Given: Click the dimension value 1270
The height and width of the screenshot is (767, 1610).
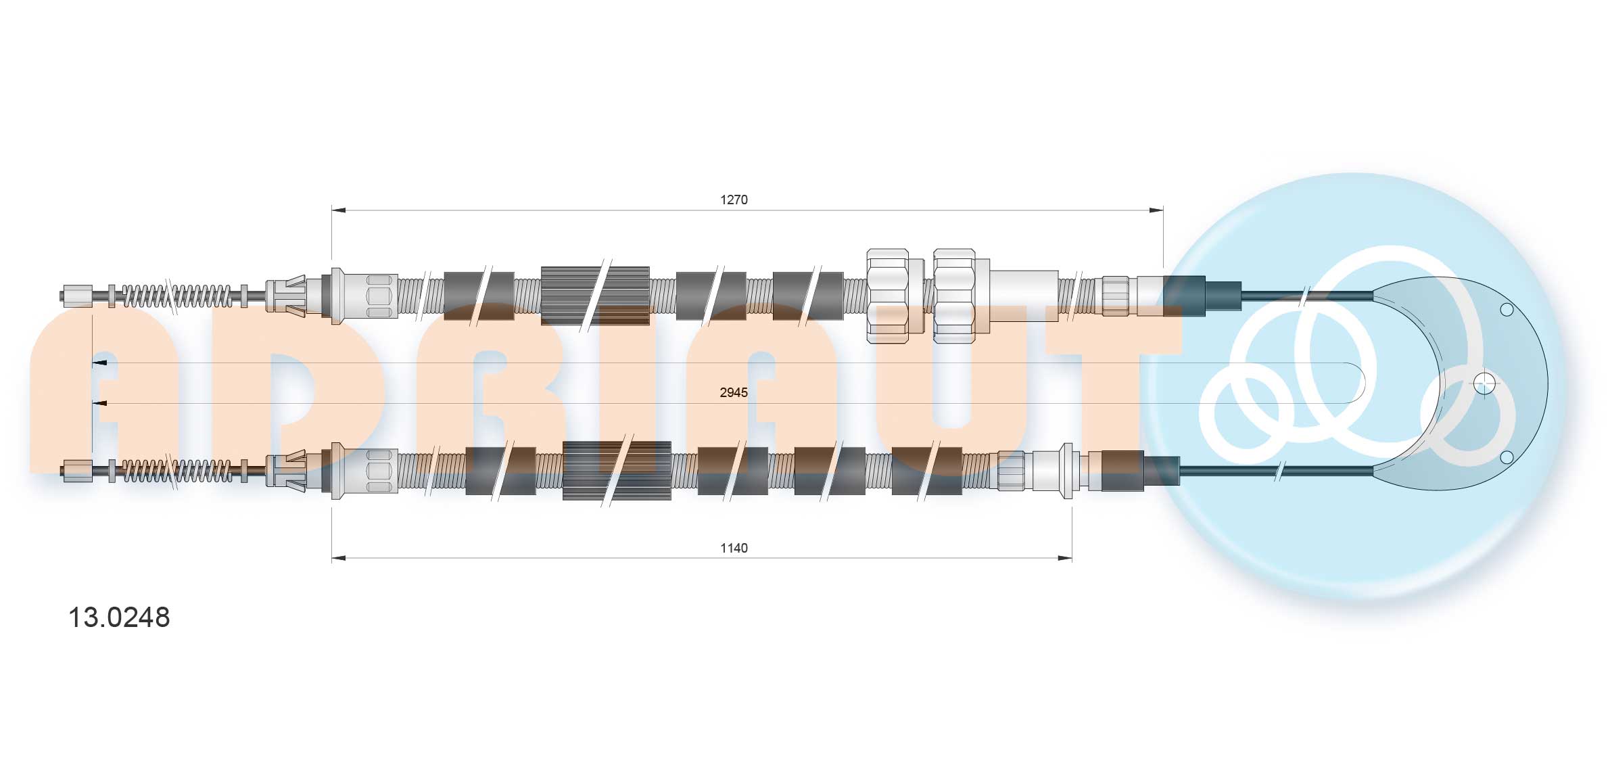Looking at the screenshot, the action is click(734, 200).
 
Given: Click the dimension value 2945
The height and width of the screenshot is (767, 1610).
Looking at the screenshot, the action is click(734, 392).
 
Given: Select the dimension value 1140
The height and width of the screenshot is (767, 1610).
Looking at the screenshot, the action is click(734, 548).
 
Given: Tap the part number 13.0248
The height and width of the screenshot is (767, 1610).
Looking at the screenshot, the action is click(119, 618).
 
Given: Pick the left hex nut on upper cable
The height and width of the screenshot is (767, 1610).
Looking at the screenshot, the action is click(888, 296).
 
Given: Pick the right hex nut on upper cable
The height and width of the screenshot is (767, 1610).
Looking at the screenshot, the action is click(954, 296).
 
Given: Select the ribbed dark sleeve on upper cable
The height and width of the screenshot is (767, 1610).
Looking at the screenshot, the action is click(595, 296).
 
